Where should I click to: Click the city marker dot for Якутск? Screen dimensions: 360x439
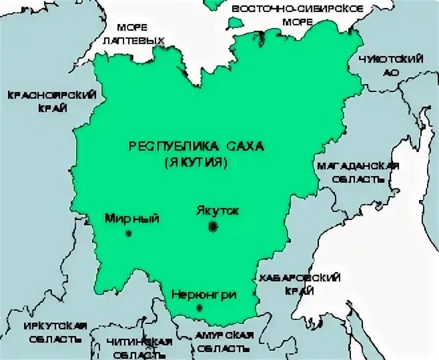click(213, 227)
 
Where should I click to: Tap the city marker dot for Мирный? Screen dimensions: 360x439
click(129, 233)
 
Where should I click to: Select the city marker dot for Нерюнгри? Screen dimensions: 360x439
click(199, 307)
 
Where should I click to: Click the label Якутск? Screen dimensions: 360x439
click(217, 210)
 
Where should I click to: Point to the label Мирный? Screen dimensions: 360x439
click(132, 217)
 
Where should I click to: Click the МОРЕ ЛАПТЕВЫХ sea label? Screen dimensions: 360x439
click(132, 34)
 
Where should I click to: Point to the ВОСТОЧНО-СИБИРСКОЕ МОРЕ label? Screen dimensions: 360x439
click(296, 15)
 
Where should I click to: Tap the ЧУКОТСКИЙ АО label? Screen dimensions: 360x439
click(391, 65)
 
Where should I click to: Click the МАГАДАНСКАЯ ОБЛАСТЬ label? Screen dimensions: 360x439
click(358, 172)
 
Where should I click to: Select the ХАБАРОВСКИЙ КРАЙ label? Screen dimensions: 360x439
click(300, 283)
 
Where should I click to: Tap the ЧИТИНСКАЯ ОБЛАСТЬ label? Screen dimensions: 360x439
click(139, 347)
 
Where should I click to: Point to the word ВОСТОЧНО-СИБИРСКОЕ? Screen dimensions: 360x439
click(296, 9)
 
